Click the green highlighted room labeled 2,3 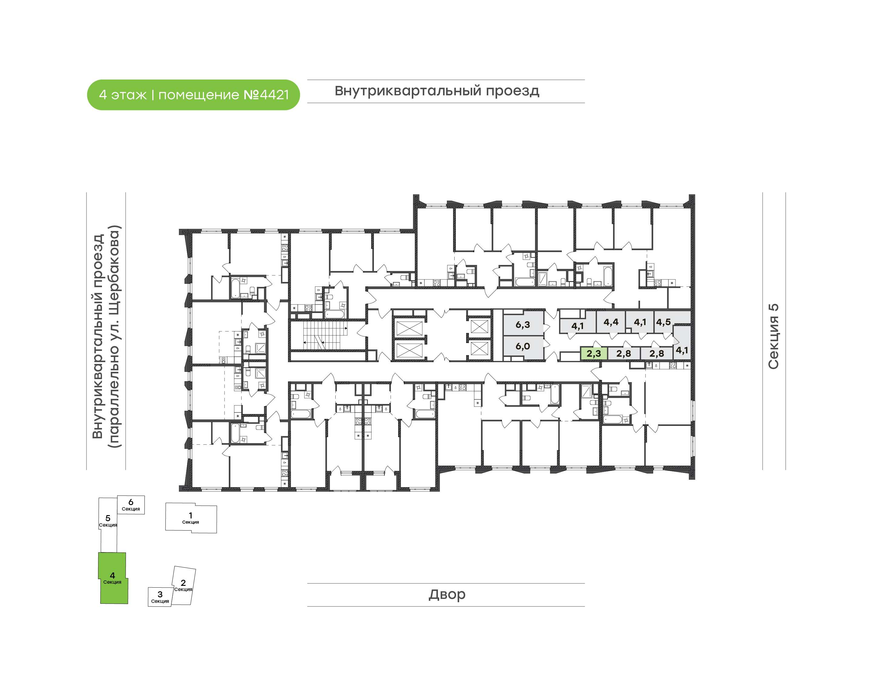pyautogui.click(x=593, y=353)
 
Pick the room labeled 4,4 pyautogui.click(x=611, y=322)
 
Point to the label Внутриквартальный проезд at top pyautogui.click(x=437, y=91)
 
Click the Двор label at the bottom pyautogui.click(x=447, y=594)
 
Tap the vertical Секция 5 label pyautogui.click(x=773, y=336)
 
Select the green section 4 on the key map pyautogui.click(x=113, y=578)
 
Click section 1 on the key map pyautogui.click(x=191, y=518)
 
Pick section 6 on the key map pyautogui.click(x=131, y=504)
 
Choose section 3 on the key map pyautogui.click(x=160, y=597)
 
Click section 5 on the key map pyautogui.click(x=108, y=524)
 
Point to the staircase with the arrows pyautogui.click(x=326, y=335)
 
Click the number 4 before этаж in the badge pyautogui.click(x=103, y=95)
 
